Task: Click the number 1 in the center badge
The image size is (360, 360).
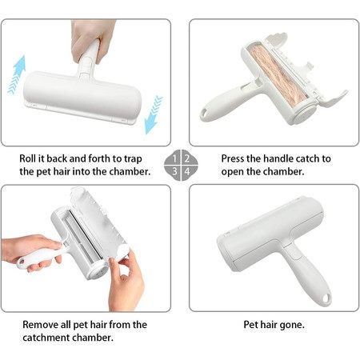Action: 175,158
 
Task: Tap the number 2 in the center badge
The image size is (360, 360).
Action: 186,158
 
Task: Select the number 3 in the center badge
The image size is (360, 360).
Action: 175,170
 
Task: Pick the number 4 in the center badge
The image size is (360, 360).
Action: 186,170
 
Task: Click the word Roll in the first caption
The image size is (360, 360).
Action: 30,158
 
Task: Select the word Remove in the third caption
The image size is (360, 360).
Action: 41,324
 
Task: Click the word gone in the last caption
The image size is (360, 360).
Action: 292,325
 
